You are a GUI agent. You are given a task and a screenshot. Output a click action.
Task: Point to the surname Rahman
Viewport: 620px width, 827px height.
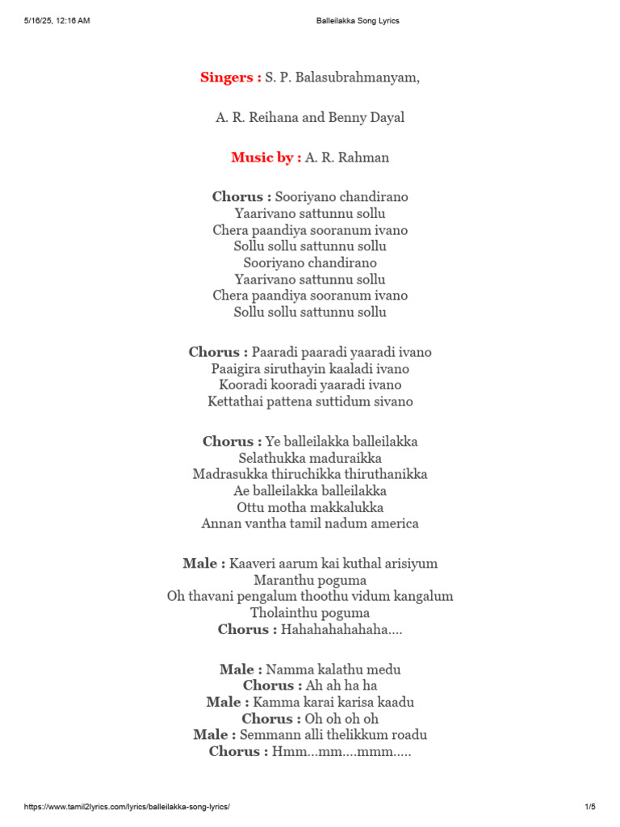coord(364,157)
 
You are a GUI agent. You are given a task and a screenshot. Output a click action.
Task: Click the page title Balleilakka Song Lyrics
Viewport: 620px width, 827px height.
coord(357,21)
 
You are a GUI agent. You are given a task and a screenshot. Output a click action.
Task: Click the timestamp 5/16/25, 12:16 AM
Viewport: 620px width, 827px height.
coord(57,21)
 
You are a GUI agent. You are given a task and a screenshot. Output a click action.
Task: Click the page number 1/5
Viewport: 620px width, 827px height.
coord(589,807)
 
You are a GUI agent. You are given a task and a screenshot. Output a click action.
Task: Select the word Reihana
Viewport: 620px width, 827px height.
coord(274,118)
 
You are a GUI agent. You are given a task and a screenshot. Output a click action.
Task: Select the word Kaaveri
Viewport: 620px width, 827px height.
coord(253,564)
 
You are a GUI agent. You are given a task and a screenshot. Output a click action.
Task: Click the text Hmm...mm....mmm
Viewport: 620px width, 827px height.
coord(341,751)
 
